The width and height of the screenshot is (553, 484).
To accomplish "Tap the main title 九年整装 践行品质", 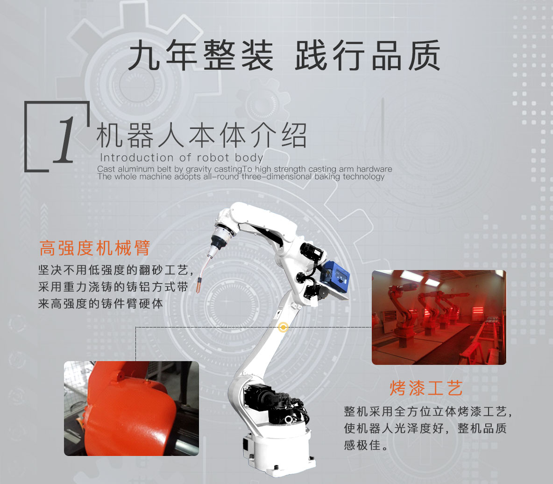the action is (x=284, y=56).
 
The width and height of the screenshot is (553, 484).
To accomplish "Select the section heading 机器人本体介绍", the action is (x=201, y=135).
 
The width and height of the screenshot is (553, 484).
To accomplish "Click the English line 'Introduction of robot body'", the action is (x=182, y=157).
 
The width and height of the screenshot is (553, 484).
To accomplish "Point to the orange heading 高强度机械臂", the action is (x=95, y=248).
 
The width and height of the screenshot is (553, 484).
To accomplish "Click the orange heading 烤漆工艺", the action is (x=426, y=388).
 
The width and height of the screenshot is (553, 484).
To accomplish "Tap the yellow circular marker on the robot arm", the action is (x=283, y=327).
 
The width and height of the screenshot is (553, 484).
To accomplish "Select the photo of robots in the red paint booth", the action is (x=439, y=317).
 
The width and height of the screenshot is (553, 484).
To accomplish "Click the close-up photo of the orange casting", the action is (x=131, y=408).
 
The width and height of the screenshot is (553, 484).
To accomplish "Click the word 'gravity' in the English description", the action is (x=199, y=169).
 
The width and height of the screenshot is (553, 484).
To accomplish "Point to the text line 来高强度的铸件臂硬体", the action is (x=100, y=304).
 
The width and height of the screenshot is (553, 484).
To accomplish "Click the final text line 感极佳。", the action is (x=366, y=445).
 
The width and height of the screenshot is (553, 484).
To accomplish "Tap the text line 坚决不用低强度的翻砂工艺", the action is (x=116, y=270).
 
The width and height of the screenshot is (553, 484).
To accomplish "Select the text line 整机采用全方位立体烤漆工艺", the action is (x=428, y=411).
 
